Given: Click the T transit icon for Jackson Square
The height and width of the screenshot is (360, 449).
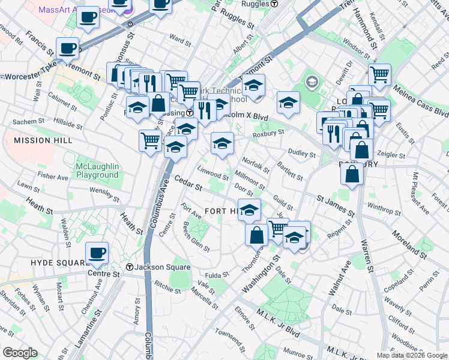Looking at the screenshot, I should tap(129, 267).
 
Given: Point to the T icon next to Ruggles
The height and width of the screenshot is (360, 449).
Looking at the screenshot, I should tap(274, 4).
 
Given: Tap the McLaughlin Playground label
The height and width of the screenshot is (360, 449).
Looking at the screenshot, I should tap(97, 170).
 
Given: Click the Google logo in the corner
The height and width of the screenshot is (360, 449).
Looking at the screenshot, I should tap(20, 353).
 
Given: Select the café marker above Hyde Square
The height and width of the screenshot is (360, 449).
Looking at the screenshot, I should tap(97, 253).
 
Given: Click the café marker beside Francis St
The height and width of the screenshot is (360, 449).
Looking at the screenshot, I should tap(67, 47).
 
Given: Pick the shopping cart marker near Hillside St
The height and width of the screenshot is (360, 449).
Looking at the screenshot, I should tap(150, 142).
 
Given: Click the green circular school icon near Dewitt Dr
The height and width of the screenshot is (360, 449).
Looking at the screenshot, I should tap(312, 81).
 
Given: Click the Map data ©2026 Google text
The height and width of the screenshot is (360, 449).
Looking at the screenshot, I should tap(411, 355).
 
